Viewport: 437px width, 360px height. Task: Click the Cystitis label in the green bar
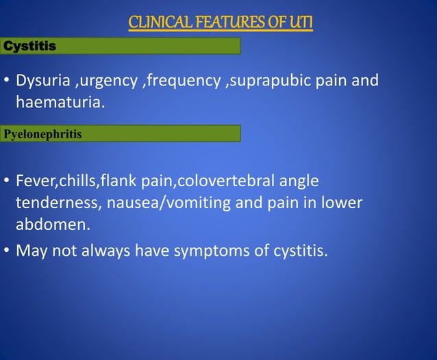30,46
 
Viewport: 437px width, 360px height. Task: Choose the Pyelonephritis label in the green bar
42,133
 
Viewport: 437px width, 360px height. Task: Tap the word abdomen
49,225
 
